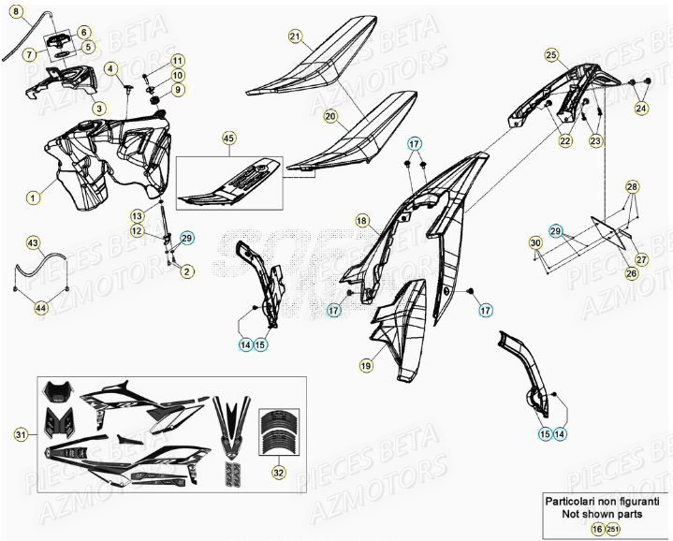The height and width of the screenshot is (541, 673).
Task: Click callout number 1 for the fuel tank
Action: tap(33, 197)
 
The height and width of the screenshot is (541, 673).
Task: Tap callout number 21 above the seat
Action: tap(295, 37)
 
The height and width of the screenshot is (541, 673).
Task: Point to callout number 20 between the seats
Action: tap(330, 116)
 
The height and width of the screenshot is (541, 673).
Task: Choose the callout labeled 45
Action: tap(230, 139)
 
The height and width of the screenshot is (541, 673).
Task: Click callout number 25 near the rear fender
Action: tap(551, 54)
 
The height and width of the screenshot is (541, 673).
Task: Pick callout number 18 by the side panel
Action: tap(361, 220)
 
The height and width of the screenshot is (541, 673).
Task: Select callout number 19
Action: tap(366, 363)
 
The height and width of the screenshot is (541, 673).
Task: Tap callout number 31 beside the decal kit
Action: tap(21, 433)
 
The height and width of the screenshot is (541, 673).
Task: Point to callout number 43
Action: tap(33, 243)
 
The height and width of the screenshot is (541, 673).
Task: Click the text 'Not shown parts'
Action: tap(606, 513)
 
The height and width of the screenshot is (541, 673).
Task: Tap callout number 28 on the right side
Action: tap(633, 187)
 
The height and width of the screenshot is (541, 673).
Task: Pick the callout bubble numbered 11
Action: tap(178, 61)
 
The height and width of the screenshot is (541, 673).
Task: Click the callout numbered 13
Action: tap(137, 215)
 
